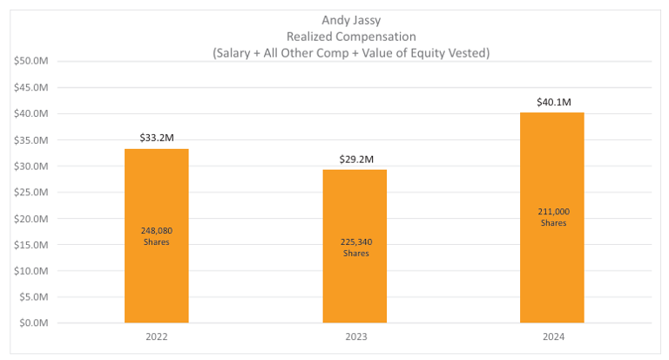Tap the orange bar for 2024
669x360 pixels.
[552, 262]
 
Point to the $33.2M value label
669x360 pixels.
[157, 138]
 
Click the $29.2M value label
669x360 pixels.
[355, 159]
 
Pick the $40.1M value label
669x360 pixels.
[553, 102]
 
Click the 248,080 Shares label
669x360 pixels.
[157, 236]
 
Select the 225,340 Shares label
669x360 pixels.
[355, 248]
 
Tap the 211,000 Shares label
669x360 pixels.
[553, 217]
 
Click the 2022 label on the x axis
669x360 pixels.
[157, 337]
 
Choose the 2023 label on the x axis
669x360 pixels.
[355, 337]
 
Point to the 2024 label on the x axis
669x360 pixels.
[552, 337]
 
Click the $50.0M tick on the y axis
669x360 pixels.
[32, 61]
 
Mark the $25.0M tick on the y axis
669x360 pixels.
[32, 192]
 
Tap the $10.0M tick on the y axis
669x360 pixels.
[32, 270]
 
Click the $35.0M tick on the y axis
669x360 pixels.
[32, 139]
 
